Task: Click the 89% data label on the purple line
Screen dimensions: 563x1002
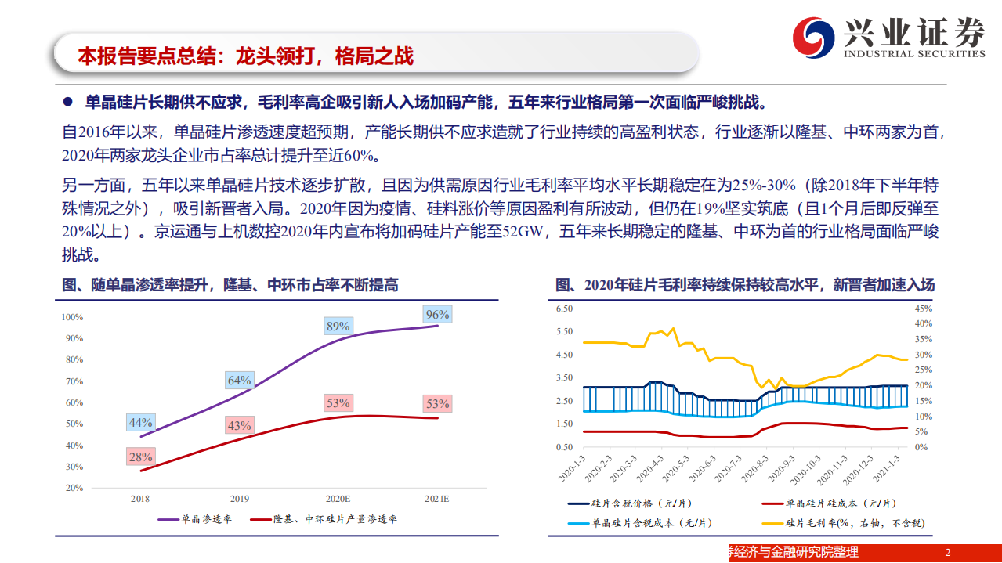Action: click(x=338, y=327)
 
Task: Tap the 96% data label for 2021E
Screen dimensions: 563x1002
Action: click(x=437, y=315)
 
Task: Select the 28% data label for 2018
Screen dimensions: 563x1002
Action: click(x=140, y=457)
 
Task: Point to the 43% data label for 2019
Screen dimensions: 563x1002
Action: click(x=239, y=426)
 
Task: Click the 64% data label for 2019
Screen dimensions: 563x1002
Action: click(x=239, y=381)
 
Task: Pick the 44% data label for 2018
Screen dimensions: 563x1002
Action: click(x=140, y=423)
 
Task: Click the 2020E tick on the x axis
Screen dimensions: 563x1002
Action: click(x=338, y=498)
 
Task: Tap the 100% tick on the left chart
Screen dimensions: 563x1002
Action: click(x=72, y=317)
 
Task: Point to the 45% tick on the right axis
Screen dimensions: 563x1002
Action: click(x=924, y=309)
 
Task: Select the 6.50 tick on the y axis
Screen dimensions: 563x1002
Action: click(x=564, y=309)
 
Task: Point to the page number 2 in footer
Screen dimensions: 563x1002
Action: click(x=947, y=553)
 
